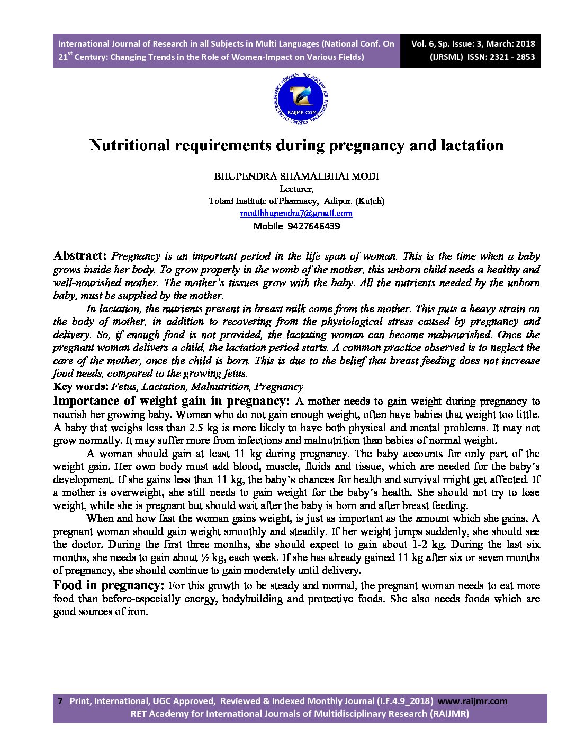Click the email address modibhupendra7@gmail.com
point(296,214)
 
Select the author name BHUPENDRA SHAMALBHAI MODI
point(296,176)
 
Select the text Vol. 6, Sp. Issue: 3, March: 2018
point(473,44)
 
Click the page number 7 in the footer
point(60,701)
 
